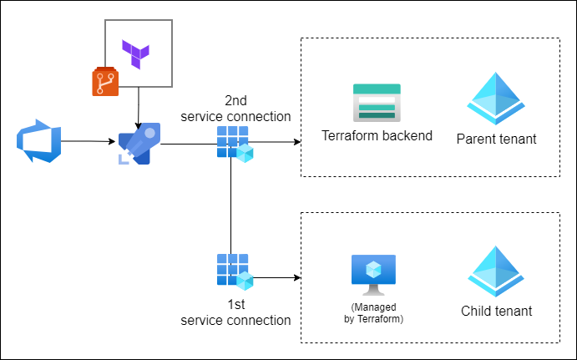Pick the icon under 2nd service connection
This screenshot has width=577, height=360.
tap(234, 144)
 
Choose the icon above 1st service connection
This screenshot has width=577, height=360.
tap(234, 271)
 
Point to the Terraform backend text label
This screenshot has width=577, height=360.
tap(377, 135)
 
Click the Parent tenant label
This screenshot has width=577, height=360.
tap(496, 138)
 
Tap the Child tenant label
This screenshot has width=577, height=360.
tap(496, 312)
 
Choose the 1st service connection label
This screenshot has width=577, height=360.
tap(235, 312)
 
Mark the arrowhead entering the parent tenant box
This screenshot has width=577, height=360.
tap(296, 142)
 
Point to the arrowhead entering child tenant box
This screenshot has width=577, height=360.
tap(296, 277)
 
